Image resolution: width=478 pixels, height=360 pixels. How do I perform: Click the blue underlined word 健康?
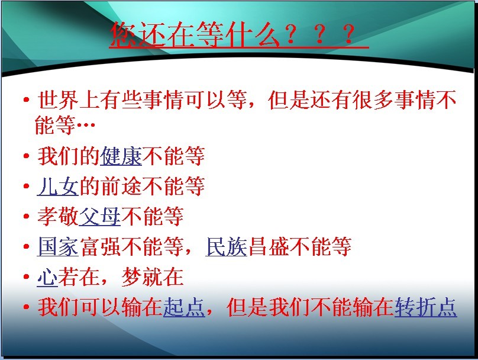[121, 156]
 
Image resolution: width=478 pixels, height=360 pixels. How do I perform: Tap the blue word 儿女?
[57, 186]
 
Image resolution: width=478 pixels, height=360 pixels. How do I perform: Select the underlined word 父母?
[100, 216]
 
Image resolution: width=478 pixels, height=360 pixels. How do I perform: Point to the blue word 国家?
[57, 246]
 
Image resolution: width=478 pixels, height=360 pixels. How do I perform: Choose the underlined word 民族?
[226, 246]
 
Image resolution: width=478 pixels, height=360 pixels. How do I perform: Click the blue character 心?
[47, 277]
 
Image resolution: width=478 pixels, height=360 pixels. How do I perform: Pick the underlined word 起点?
[184, 307]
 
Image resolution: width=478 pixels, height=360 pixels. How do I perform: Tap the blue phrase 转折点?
[425, 307]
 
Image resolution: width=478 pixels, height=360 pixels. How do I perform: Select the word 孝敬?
[58, 216]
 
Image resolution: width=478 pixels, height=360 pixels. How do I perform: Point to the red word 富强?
[101, 246]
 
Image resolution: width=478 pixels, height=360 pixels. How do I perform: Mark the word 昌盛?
[269, 246]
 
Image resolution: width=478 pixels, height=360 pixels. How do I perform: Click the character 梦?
[131, 277]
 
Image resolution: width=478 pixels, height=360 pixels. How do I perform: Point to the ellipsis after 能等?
[86, 124]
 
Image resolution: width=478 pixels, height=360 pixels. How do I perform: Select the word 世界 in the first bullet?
[58, 99]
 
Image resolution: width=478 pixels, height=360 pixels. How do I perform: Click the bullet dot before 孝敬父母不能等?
[27, 216]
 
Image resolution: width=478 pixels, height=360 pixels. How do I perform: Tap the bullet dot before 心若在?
[27, 277]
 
